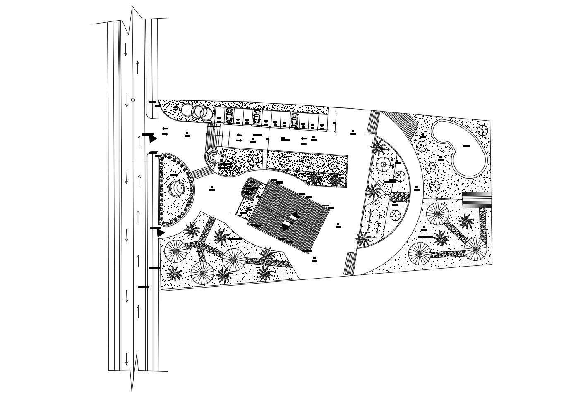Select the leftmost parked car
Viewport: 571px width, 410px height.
pyautogui.click(x=229, y=116)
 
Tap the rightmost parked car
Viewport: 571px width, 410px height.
pyautogui.click(x=294, y=120)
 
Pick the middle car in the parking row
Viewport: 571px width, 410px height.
pyautogui.click(x=257, y=117)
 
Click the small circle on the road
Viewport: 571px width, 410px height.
pyautogui.click(x=133, y=100)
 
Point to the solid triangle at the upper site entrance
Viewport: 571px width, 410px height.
pyautogui.click(x=153, y=138)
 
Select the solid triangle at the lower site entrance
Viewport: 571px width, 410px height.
pyautogui.click(x=160, y=233)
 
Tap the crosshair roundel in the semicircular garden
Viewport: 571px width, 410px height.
pyautogui.click(x=384, y=164)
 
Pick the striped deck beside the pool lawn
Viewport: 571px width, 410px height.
pyautogui.click(x=476, y=200)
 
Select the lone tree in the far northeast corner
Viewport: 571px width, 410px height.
pyautogui.click(x=482, y=130)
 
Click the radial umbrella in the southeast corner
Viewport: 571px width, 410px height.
pyautogui.click(x=475, y=249)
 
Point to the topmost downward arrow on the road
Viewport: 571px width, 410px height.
pyautogui.click(x=125, y=50)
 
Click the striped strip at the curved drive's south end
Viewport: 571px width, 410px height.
pyautogui.click(x=350, y=263)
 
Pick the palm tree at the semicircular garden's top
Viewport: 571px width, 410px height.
pyautogui.click(x=378, y=147)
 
